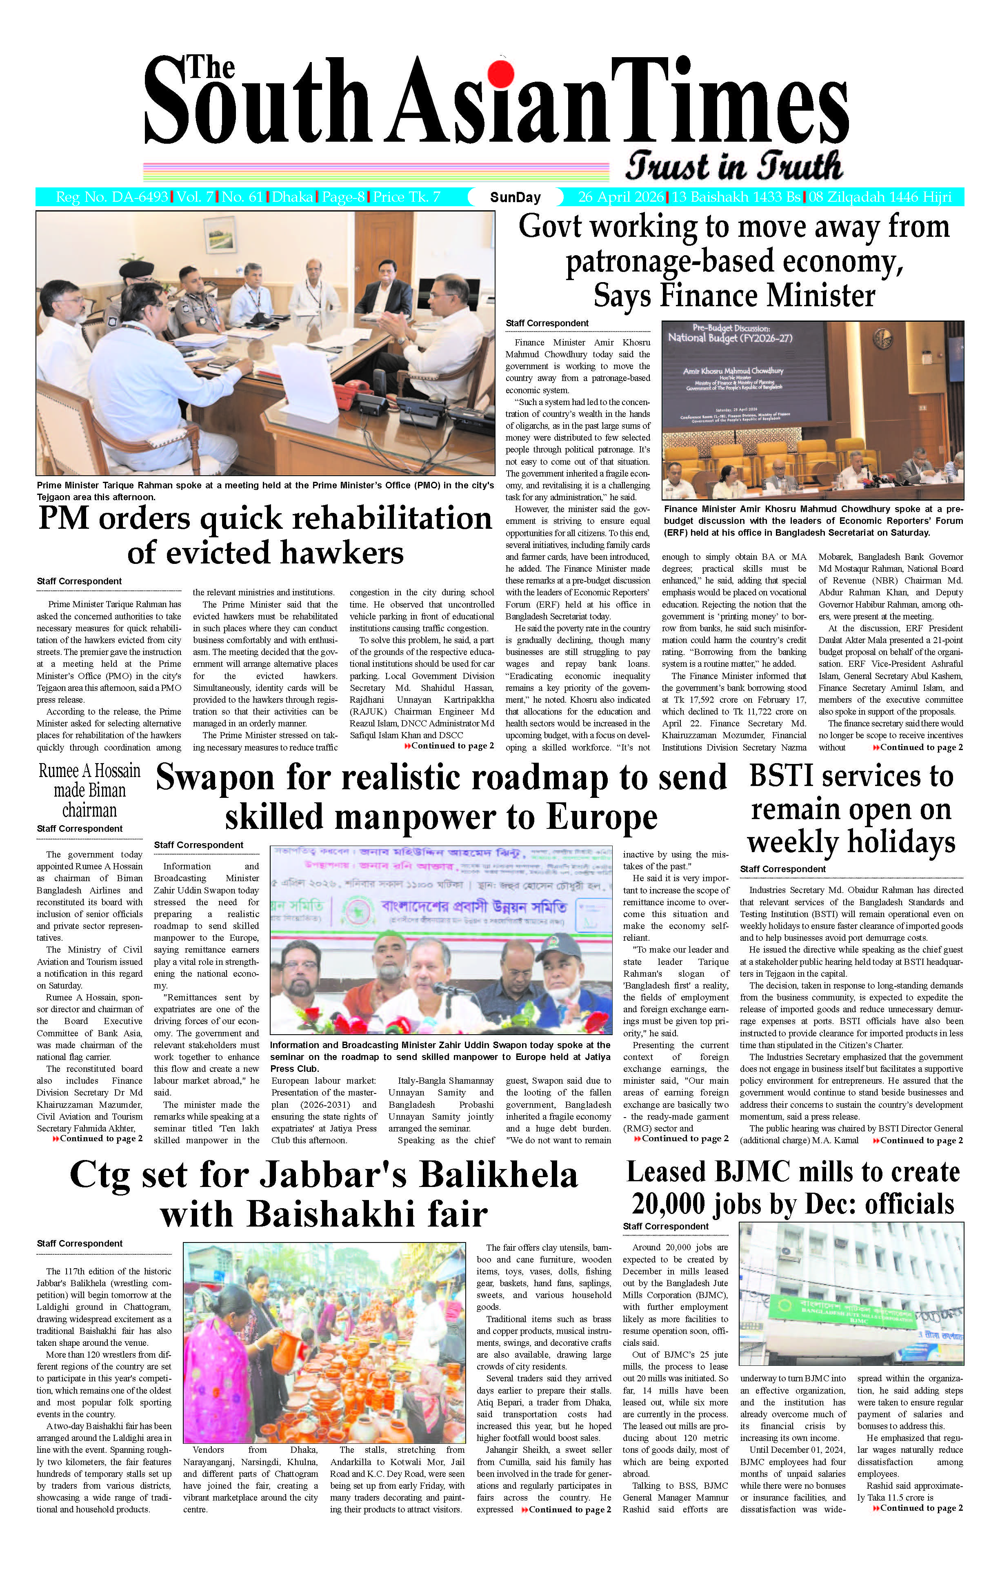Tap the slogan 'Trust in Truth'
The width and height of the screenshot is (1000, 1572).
point(734,167)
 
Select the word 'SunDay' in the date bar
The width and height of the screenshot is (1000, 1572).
point(515,197)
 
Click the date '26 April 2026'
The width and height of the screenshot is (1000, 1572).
point(621,197)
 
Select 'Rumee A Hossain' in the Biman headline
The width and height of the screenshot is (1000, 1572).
point(89,771)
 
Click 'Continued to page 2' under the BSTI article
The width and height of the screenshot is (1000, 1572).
point(920,1140)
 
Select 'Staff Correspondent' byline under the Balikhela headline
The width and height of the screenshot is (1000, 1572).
point(80,1244)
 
